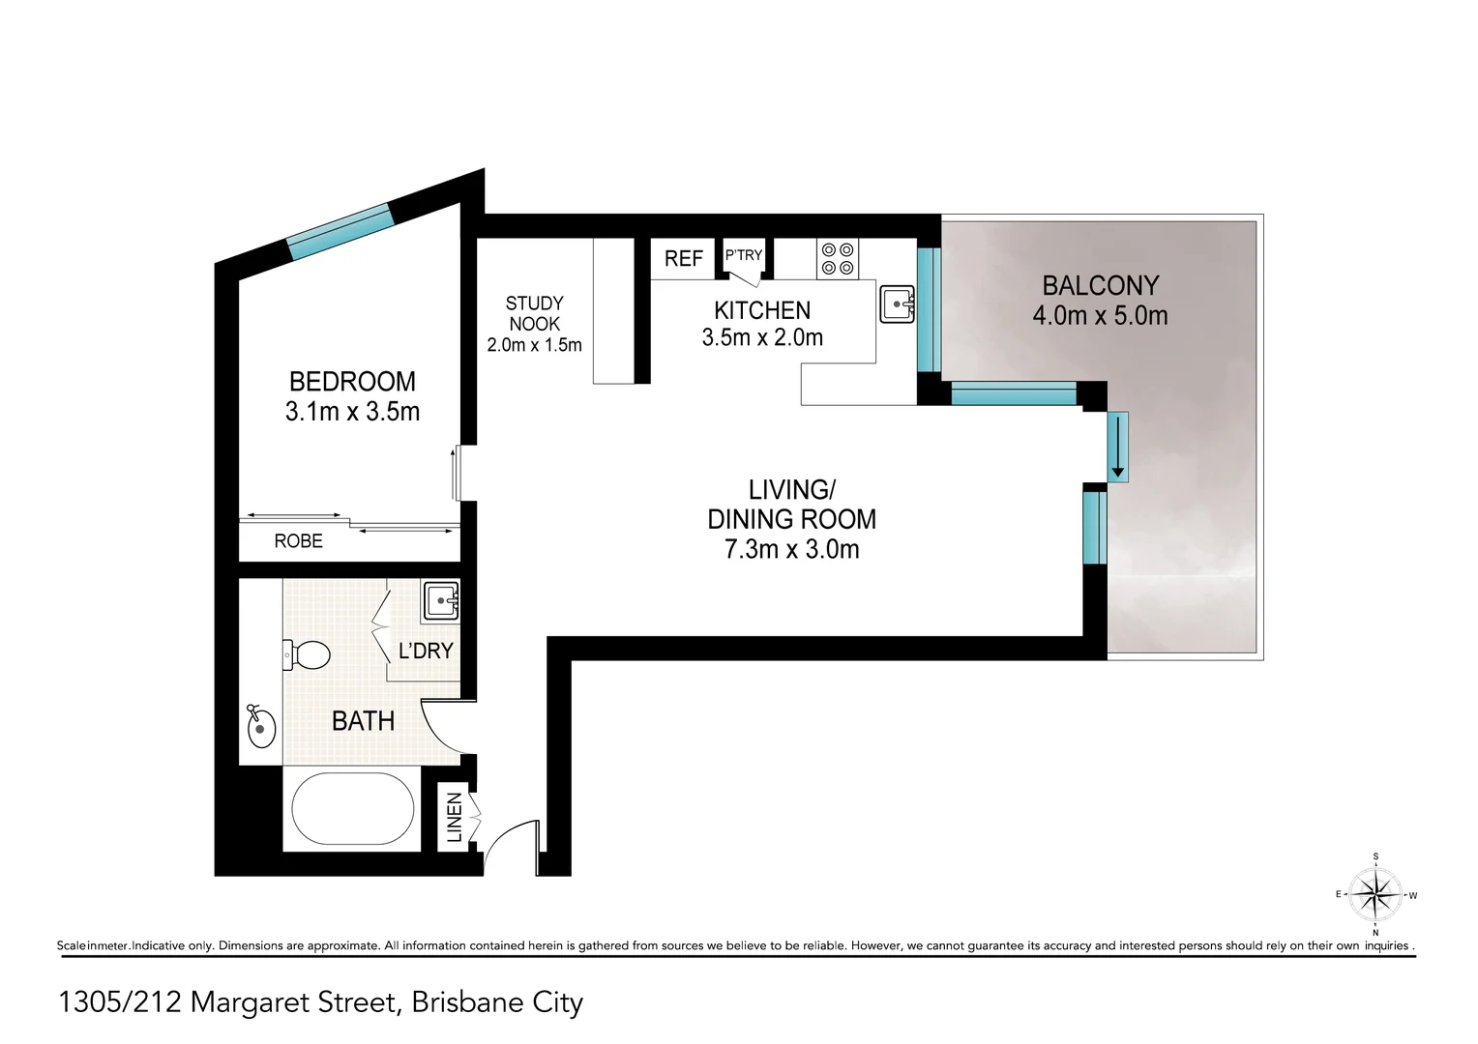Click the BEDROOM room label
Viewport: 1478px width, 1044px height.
(352, 381)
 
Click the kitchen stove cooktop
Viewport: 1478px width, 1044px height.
(837, 258)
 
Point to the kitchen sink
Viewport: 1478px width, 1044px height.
(897, 304)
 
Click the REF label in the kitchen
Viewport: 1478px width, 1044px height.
(683, 259)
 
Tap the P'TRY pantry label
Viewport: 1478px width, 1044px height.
(744, 255)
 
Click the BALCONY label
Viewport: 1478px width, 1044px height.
(1100, 285)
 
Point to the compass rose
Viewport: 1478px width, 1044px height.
(1375, 894)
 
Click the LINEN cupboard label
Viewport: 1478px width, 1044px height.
(453, 817)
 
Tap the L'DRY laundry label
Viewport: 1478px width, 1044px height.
(426, 651)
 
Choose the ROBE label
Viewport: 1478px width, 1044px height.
(298, 541)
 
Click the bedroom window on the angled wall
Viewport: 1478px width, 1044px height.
(340, 231)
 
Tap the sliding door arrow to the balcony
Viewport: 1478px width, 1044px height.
(1118, 447)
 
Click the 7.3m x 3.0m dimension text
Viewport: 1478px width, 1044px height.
(791, 549)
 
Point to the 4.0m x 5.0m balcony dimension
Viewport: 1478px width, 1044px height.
(1100, 315)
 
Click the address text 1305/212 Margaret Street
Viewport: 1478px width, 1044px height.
(321, 1002)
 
